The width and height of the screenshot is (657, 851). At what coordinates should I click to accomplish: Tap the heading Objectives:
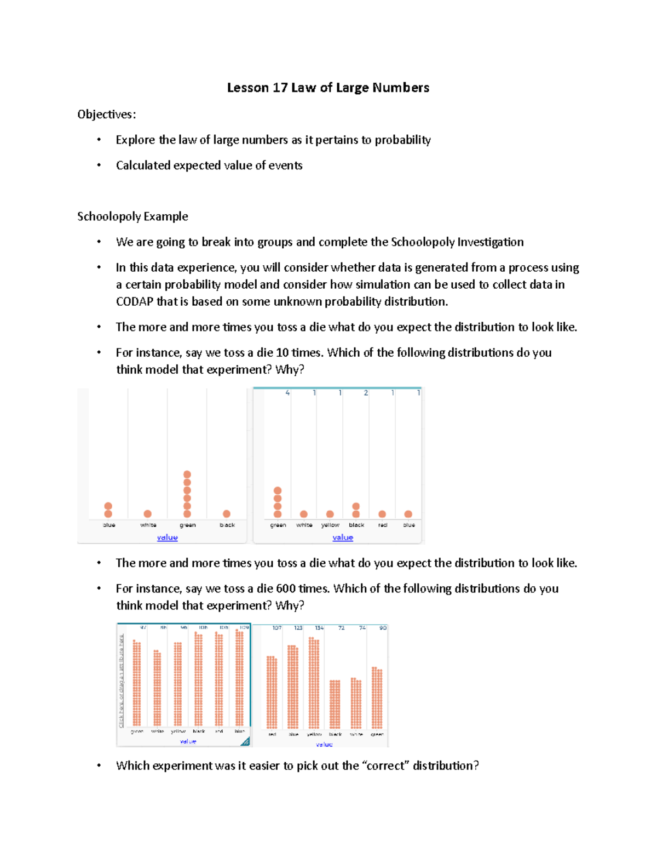[x=106, y=114]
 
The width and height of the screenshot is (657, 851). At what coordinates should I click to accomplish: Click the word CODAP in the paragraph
[x=134, y=301]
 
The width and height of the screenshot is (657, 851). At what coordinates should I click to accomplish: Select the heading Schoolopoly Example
[x=132, y=216]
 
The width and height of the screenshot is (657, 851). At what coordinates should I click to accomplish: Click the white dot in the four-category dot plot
[x=147, y=514]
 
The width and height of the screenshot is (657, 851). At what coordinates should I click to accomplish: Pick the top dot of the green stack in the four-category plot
[x=187, y=475]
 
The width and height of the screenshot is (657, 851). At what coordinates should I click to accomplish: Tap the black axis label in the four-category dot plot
[x=227, y=525]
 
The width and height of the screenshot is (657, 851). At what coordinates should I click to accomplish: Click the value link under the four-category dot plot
[x=167, y=538]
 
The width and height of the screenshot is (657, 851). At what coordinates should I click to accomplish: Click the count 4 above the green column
[x=287, y=393]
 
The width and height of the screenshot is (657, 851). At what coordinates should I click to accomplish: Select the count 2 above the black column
[x=366, y=393]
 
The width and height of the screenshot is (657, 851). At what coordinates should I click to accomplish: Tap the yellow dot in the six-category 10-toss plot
[x=330, y=514]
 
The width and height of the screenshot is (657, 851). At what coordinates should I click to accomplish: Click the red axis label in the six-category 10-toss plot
[x=382, y=525]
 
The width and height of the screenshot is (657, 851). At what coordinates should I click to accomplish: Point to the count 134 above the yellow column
[x=319, y=628]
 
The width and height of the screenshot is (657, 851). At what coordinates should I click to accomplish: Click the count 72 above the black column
[x=341, y=628]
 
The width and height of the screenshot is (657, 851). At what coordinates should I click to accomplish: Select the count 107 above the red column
[x=277, y=628]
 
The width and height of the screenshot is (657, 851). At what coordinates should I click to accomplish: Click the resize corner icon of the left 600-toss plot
[x=245, y=741]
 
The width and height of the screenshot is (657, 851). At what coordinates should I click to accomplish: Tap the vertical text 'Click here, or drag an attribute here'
[x=122, y=681]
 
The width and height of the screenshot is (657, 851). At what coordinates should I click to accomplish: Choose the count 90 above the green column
[x=383, y=628]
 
